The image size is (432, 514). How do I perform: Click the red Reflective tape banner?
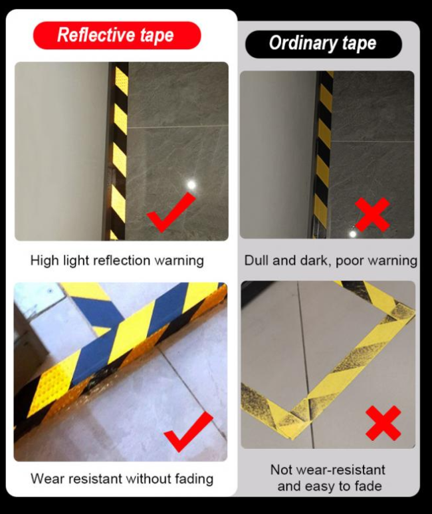pyautogui.click(x=117, y=35)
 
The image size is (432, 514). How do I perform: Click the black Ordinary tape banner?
pyautogui.click(x=324, y=44)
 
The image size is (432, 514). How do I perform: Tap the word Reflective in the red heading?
pyautogui.click(x=96, y=35)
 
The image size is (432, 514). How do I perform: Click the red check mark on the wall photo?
pyautogui.click(x=171, y=212)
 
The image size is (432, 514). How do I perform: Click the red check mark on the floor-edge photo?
pyautogui.click(x=189, y=432)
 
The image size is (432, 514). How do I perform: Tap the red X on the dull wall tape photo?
pyautogui.click(x=373, y=215)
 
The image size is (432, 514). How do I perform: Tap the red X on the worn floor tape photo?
pyautogui.click(x=383, y=423)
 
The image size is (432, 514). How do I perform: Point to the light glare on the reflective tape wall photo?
pyautogui.click(x=191, y=185)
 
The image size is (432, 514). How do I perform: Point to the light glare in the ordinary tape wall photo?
pyautogui.click(x=352, y=233)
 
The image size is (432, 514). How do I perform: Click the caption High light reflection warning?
pyautogui.click(x=117, y=261)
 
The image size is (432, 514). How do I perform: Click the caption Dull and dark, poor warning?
pyautogui.click(x=331, y=261)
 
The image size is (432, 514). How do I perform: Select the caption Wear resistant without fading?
pyautogui.click(x=122, y=479)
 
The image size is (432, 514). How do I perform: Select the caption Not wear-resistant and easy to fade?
pyautogui.click(x=328, y=478)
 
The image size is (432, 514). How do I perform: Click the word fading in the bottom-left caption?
pyautogui.click(x=194, y=479)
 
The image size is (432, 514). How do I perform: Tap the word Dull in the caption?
pyautogui.click(x=257, y=261)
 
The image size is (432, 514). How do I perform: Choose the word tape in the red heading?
pyautogui.click(x=157, y=36)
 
